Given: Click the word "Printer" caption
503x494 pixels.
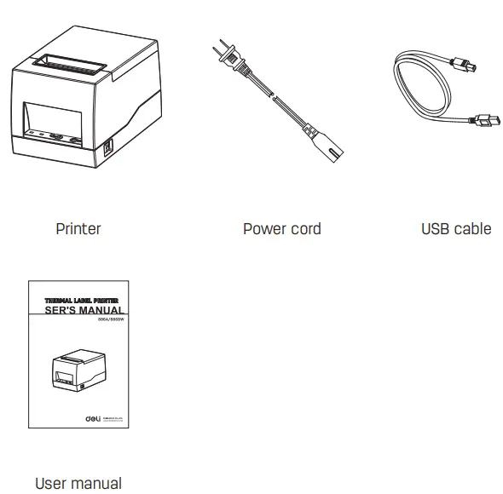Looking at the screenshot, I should tap(78, 228).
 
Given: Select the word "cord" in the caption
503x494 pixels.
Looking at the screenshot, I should tap(305, 228).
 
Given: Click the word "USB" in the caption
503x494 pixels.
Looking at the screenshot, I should tap(436, 228).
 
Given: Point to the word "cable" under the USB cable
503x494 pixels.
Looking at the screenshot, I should tap(474, 228).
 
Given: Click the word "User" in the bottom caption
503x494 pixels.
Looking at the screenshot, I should tap(50, 483).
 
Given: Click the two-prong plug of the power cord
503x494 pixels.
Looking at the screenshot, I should tap(223, 56).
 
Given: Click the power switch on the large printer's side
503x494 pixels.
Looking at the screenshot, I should tap(107, 147).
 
